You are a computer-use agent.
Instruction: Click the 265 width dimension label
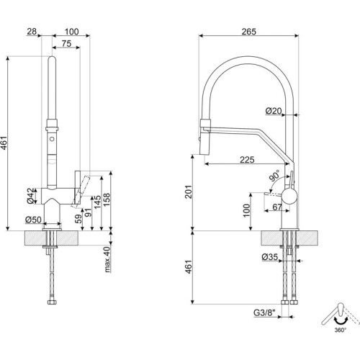[x=248, y=32]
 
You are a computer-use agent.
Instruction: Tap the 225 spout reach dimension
[x=247, y=160]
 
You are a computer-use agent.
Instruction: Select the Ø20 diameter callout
[x=274, y=111]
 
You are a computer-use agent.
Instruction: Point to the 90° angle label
[x=274, y=176]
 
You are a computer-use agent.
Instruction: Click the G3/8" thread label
[x=265, y=312]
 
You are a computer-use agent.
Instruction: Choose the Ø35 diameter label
[x=270, y=257]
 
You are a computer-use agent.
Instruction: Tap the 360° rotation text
[x=341, y=330]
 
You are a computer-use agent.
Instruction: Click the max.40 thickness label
[x=108, y=259]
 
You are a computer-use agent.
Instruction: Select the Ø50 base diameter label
[x=33, y=220]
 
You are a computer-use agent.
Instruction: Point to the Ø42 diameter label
[x=31, y=196]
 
